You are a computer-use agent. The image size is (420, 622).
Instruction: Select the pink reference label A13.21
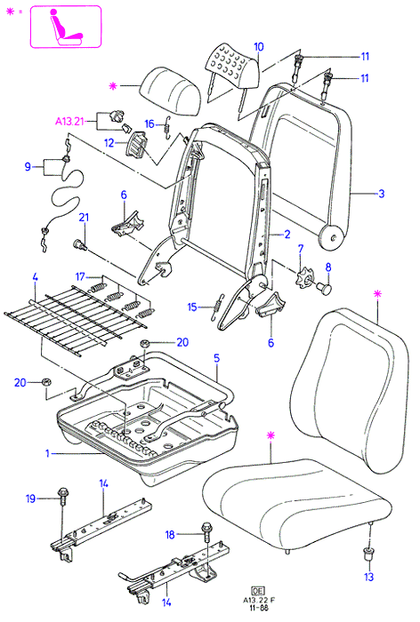69,121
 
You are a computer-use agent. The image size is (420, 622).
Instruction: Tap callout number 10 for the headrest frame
258,47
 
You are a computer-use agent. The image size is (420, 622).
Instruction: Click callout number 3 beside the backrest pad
381,194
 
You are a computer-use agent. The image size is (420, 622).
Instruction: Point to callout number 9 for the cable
28,166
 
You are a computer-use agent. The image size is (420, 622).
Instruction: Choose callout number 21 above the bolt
84,218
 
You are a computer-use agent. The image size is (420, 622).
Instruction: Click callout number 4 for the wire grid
35,277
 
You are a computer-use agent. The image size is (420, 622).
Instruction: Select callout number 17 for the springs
80,276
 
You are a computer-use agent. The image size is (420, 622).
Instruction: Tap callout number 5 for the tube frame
216,358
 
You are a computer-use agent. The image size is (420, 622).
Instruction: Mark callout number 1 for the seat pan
47,452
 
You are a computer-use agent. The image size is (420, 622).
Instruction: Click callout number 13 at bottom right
368,577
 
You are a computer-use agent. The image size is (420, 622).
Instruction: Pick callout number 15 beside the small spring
192,307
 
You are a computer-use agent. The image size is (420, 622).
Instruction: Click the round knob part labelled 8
325,289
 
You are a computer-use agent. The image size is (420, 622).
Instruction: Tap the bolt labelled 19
62,497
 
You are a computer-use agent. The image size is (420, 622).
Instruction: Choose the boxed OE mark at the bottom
257,591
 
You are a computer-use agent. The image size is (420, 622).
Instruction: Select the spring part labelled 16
168,127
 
